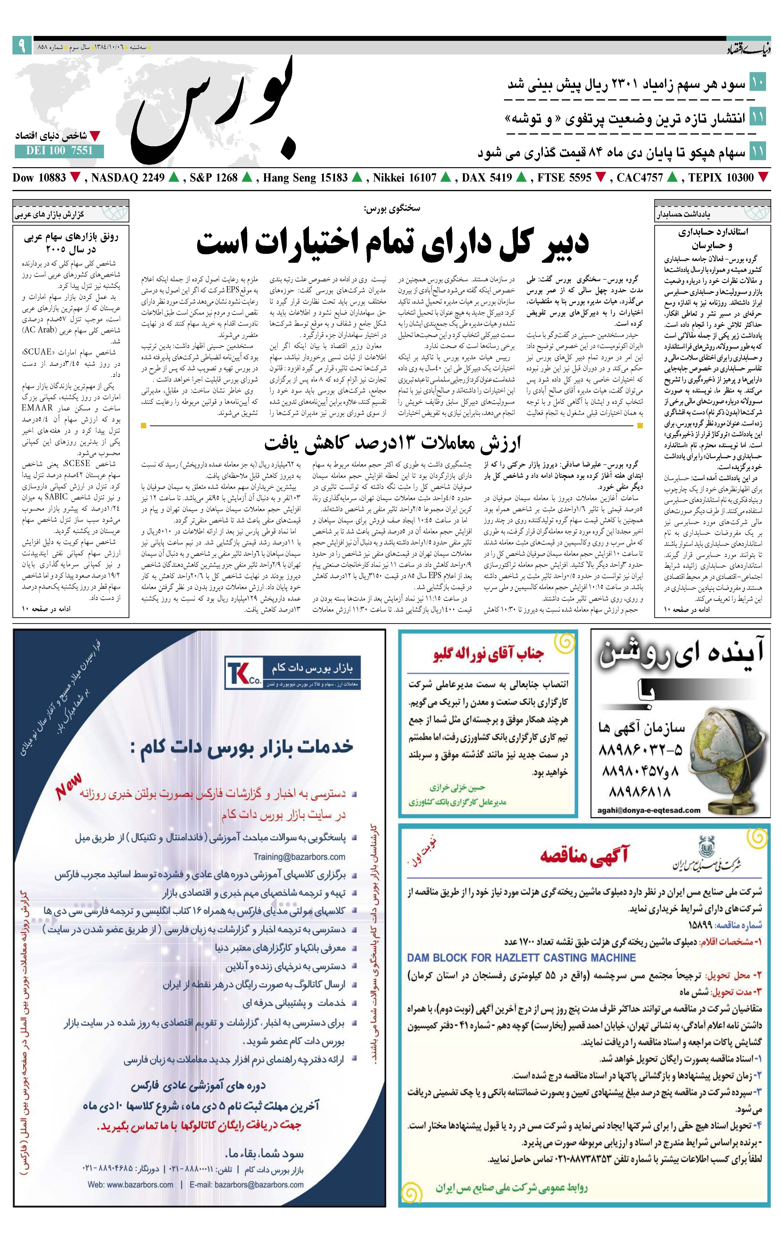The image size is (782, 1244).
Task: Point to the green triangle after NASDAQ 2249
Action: tap(173, 178)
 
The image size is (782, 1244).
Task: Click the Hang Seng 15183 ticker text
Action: tap(305, 178)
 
